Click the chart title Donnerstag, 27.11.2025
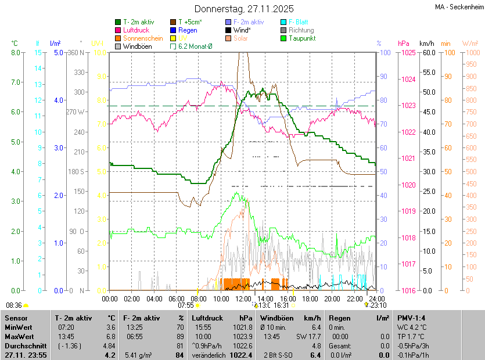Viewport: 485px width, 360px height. (x=244, y=9)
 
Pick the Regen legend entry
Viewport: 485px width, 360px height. (x=188, y=30)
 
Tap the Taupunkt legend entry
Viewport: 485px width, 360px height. (x=302, y=38)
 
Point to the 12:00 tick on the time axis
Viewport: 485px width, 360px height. (x=243, y=298)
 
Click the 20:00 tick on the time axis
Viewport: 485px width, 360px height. (x=332, y=298)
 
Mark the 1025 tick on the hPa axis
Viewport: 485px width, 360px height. (x=407, y=53)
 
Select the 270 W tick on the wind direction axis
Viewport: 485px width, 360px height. (x=76, y=111)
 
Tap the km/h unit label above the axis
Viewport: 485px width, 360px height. (x=427, y=44)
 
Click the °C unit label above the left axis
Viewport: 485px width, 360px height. (x=15, y=44)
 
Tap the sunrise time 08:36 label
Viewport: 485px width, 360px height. (x=14, y=305)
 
